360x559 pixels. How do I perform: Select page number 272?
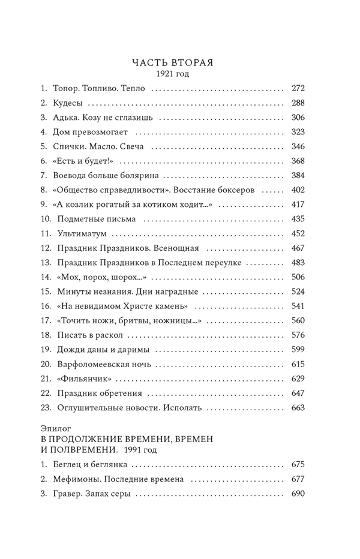pyautogui.click(x=298, y=89)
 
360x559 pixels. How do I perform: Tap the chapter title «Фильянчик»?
pyautogui.click(x=85, y=379)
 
